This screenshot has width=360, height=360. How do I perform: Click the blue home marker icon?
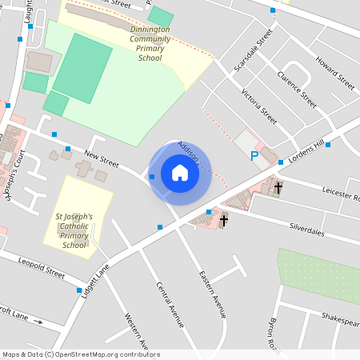180,173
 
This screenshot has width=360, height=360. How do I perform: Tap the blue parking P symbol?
254,156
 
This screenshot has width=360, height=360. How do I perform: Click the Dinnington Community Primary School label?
150,43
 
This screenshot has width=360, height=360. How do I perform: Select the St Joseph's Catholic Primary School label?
74,230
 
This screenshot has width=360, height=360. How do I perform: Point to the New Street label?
101,157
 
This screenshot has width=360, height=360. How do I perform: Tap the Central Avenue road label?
170,305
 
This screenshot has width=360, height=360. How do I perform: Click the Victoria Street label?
258,106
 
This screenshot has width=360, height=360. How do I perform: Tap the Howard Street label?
334,71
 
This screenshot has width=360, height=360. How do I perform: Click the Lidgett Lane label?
94,283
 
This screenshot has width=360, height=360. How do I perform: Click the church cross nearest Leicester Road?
278,189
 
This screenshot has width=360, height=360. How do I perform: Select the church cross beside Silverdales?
224,219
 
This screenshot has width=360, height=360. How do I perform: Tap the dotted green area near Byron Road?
318,275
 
